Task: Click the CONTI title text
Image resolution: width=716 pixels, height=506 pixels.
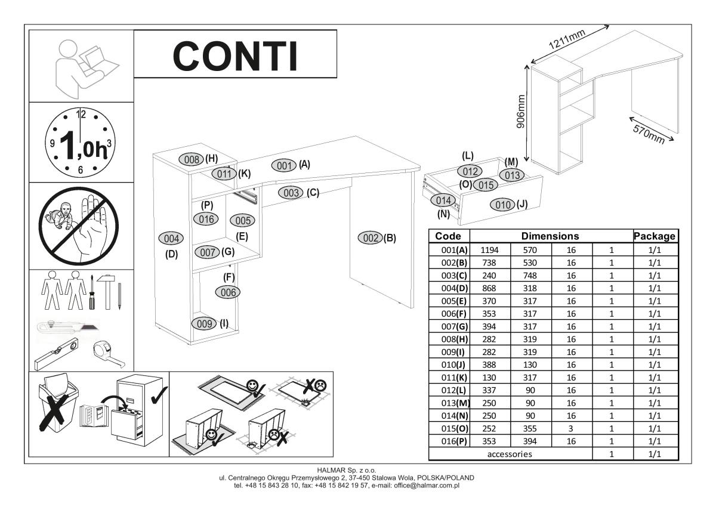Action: (236, 56)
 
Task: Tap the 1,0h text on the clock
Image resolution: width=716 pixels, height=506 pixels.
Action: (83, 146)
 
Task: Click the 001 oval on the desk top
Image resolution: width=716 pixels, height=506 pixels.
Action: (284, 165)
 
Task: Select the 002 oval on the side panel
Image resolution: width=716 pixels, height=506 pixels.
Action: (370, 238)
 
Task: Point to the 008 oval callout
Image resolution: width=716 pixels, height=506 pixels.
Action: (191, 159)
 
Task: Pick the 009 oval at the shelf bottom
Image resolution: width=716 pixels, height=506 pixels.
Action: (204, 324)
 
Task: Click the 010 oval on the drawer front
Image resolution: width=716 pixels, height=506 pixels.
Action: (502, 205)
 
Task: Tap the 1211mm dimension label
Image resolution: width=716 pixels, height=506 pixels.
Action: (567, 39)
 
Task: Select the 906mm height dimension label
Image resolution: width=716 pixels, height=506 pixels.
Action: (521, 111)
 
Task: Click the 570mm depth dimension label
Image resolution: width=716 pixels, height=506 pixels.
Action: (649, 134)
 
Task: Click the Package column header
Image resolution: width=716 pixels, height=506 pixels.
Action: (655, 236)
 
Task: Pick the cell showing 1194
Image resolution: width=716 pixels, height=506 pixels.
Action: (489, 250)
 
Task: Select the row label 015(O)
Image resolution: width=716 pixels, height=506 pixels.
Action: (454, 428)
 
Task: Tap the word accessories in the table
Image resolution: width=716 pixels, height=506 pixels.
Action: (510, 454)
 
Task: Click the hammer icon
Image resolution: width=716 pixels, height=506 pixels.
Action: (107, 292)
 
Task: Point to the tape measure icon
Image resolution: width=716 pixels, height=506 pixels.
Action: (109, 354)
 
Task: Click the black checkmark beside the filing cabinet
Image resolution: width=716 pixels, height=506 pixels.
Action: (159, 396)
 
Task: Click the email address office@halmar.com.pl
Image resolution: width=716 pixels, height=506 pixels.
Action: (427, 485)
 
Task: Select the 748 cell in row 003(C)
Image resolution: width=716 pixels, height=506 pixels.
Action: (530, 276)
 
